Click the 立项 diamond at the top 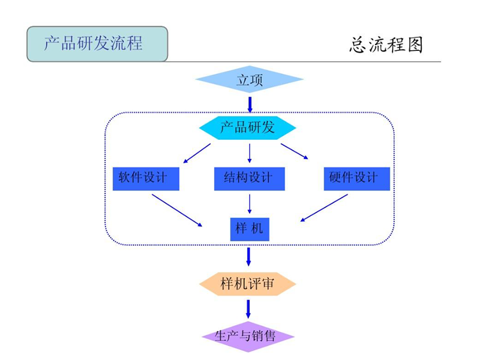pyautogui.click(x=249, y=80)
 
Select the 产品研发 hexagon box pyautogui.click(x=247, y=127)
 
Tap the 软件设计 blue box pyautogui.click(x=146, y=178)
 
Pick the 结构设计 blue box pyautogui.click(x=249, y=178)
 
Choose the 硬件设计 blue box pyautogui.click(x=356, y=178)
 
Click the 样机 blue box pyautogui.click(x=250, y=229)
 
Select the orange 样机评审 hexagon pyautogui.click(x=247, y=284)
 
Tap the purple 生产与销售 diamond pyautogui.click(x=247, y=336)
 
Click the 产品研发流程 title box pyautogui.click(x=97, y=44)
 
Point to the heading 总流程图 pyautogui.click(x=386, y=45)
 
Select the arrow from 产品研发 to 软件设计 pyautogui.click(x=197, y=153)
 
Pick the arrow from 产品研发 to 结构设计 pyautogui.click(x=250, y=154)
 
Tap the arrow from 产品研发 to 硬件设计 pyautogui.click(x=295, y=151)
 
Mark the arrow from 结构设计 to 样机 pyautogui.click(x=250, y=204)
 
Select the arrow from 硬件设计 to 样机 pyautogui.click(x=324, y=208)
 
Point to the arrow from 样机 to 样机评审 pyautogui.click(x=248, y=256)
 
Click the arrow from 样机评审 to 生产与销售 pyautogui.click(x=248, y=308)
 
